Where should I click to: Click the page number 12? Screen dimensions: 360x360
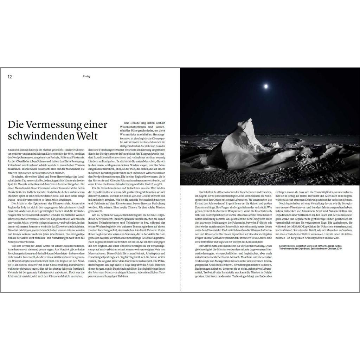tap(10, 77)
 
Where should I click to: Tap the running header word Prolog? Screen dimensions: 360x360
tap(86, 77)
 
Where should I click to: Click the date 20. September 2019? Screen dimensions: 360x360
tap(108, 214)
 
